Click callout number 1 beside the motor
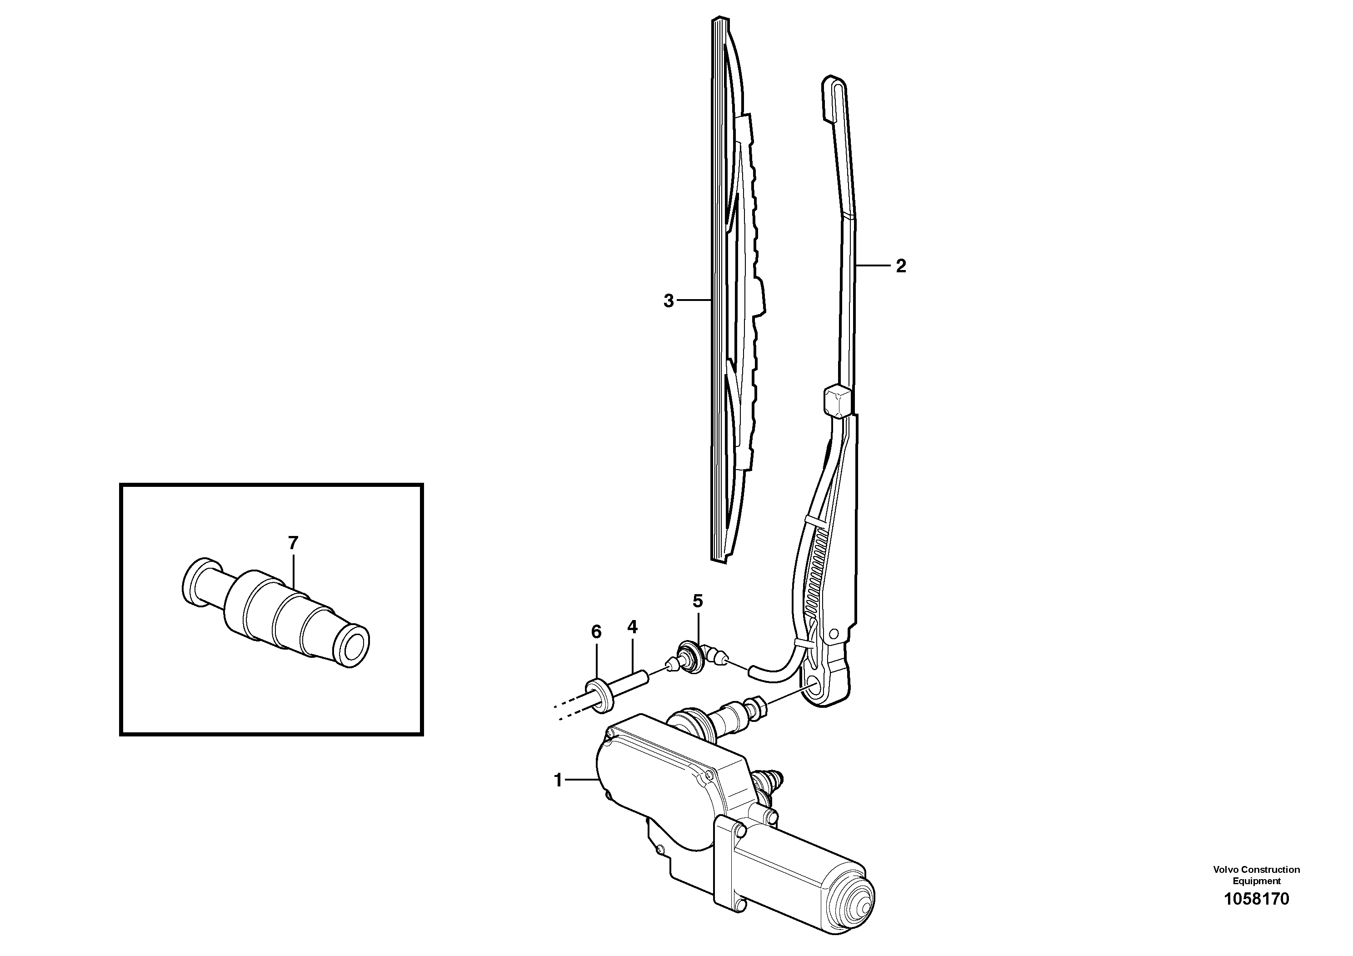coord(558,781)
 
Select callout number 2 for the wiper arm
coord(900,266)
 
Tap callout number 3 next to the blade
coord(668,301)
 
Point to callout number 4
coord(632,627)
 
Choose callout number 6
coord(596,632)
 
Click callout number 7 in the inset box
coord(293,543)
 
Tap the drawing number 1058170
coord(1256,899)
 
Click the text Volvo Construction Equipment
coord(1256,875)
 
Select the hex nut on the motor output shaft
coord(757,706)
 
